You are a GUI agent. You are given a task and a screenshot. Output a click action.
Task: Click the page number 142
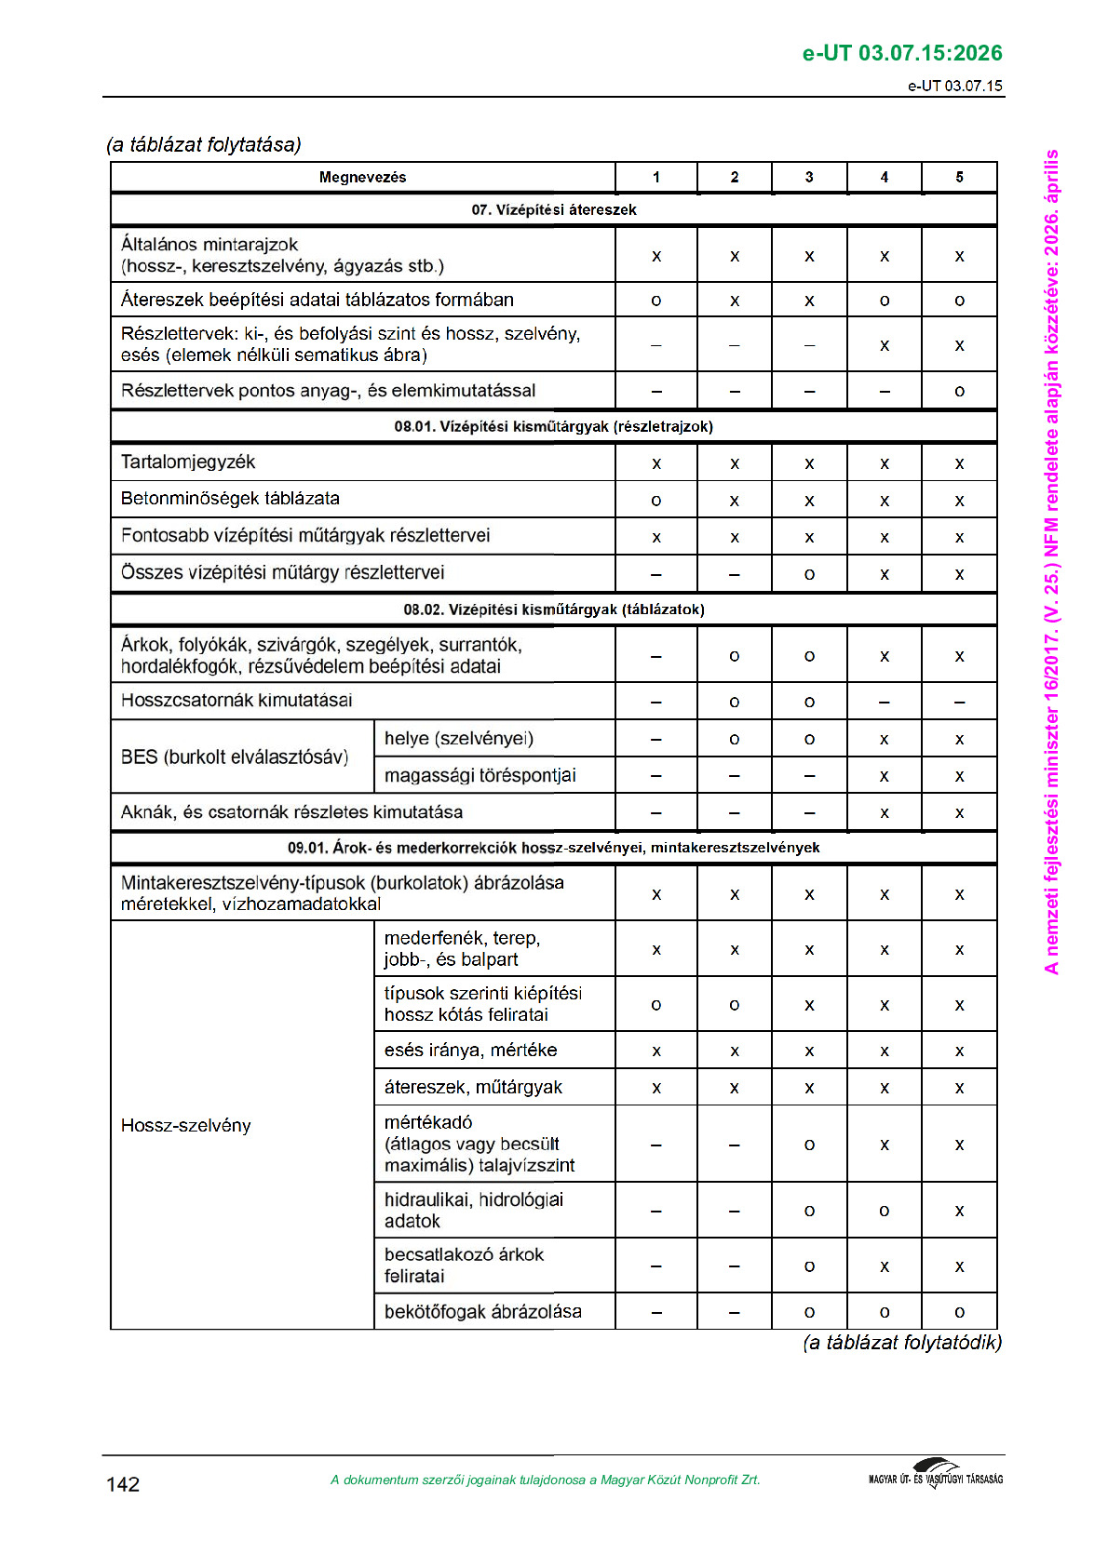click(123, 1484)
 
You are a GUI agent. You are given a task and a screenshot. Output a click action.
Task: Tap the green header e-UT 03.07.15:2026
click(901, 53)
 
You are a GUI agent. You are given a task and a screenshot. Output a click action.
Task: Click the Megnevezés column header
click(362, 177)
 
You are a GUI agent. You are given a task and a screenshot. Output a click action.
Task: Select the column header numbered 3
click(809, 177)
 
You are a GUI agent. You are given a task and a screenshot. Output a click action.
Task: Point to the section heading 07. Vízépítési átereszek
click(553, 209)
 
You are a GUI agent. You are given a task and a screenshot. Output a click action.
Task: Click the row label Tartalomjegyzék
click(188, 462)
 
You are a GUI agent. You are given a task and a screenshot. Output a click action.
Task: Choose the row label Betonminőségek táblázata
click(230, 499)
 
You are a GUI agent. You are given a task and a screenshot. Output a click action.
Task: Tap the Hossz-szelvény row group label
click(186, 1125)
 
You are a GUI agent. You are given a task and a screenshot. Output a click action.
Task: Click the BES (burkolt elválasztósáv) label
click(234, 757)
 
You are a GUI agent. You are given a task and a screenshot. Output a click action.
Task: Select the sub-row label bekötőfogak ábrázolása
click(482, 1311)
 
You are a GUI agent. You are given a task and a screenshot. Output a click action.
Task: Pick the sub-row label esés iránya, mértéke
click(470, 1050)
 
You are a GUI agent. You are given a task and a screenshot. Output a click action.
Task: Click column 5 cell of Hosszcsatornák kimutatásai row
click(959, 702)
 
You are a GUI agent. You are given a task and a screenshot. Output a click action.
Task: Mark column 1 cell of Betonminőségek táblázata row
click(656, 501)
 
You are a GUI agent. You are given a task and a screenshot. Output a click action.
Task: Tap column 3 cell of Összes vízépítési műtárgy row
click(809, 574)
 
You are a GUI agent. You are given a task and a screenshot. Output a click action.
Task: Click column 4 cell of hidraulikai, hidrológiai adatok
click(885, 1211)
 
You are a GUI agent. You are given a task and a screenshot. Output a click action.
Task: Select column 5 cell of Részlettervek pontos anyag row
click(959, 392)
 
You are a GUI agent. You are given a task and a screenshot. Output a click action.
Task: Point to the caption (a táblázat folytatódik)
click(901, 1342)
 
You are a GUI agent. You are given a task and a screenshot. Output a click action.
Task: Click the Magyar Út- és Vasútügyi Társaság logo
click(936, 1475)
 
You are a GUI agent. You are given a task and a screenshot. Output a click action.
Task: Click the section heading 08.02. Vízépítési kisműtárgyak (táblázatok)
click(553, 609)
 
